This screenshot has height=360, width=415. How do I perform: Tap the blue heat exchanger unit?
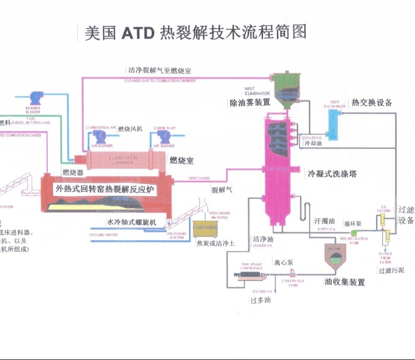[x=332, y=123]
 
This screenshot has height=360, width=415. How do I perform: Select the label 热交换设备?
[x=372, y=102]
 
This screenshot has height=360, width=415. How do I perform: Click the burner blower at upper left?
[x=37, y=98]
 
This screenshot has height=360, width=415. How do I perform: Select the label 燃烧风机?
[x=130, y=129]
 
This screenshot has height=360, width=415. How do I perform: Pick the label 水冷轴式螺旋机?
[x=132, y=222]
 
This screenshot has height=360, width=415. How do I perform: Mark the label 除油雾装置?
[x=250, y=103]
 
